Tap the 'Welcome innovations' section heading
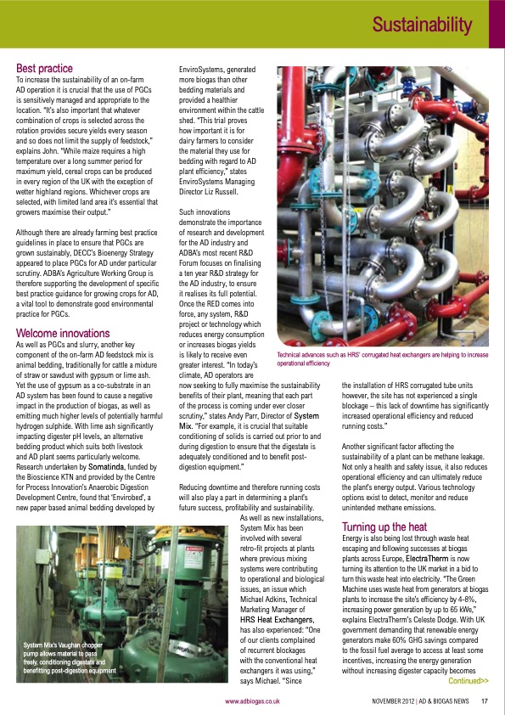click(63, 333)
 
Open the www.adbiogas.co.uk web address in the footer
click(252, 701)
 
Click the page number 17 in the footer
click(484, 701)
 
